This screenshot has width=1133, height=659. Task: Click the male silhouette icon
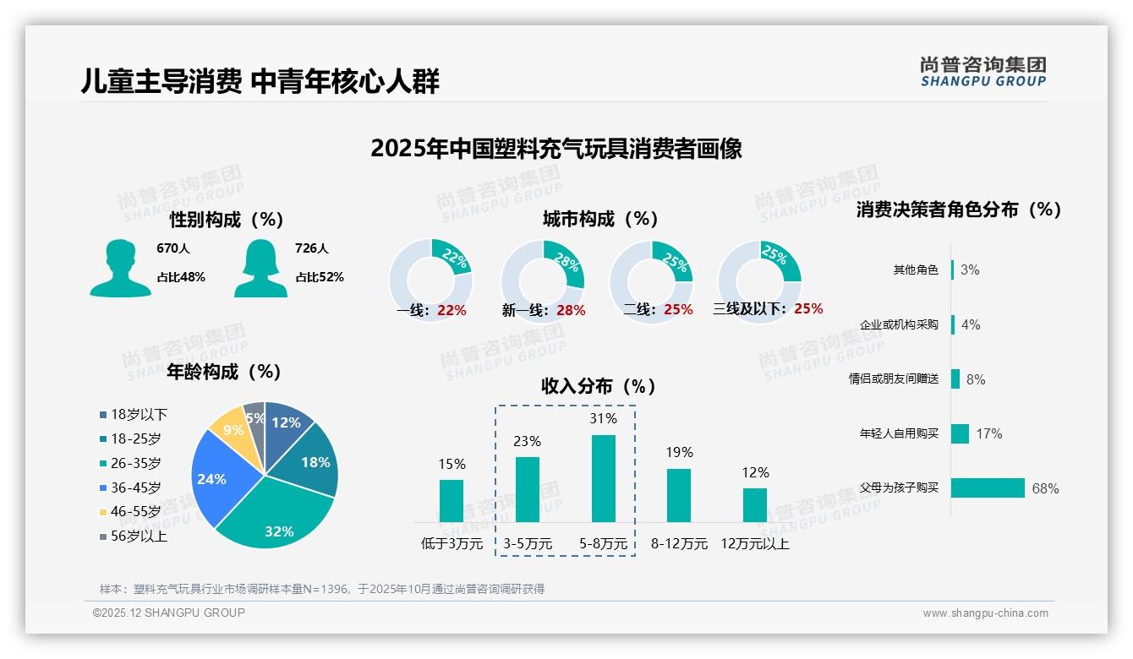[120, 268]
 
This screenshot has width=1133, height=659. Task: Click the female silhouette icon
[260, 268]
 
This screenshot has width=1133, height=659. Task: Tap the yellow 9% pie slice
[228, 428]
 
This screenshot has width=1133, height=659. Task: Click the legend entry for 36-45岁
[135, 487]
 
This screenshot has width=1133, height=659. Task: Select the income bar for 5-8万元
[603, 478]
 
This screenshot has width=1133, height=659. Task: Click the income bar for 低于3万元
[452, 500]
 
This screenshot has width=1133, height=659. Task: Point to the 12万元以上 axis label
[754, 543]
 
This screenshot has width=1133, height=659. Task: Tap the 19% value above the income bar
[678, 452]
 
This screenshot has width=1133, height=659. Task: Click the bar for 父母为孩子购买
[988, 487]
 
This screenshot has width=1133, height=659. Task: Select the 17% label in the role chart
[988, 433]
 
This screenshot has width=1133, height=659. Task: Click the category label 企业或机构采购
[899, 324]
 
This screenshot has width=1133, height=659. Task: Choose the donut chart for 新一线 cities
[543, 280]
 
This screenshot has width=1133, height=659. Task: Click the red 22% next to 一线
[452, 310]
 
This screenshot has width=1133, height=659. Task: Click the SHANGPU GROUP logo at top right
[982, 72]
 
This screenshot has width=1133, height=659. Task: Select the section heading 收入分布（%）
[599, 386]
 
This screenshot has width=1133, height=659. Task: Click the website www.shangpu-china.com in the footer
[985, 613]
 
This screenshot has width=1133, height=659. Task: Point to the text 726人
[312, 248]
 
